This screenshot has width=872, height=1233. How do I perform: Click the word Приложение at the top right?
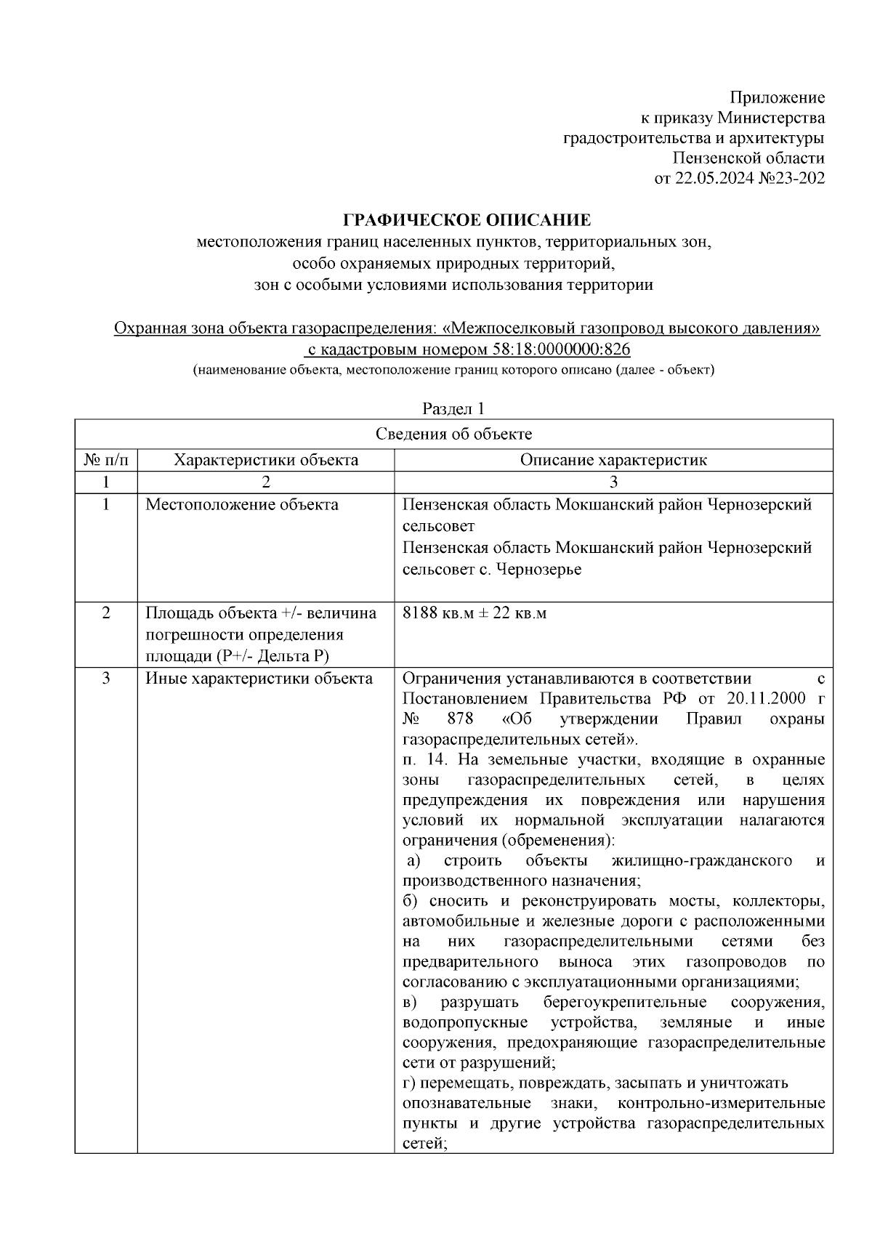[x=777, y=97]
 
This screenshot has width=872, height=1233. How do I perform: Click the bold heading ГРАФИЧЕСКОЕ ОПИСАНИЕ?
[x=467, y=220]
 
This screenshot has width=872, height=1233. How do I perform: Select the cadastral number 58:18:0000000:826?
[x=561, y=349]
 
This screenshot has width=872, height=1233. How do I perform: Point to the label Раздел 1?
[x=453, y=409]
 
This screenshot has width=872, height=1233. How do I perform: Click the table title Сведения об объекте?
[x=453, y=434]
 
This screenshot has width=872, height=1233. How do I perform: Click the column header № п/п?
[x=106, y=460]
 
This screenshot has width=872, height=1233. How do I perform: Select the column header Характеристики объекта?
[x=266, y=460]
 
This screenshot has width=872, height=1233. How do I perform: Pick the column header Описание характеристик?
[x=613, y=460]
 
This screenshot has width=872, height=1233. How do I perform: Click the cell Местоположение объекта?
[x=242, y=504]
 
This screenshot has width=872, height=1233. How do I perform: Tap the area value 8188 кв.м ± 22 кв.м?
[x=474, y=613]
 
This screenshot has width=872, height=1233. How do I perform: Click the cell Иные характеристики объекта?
[x=259, y=679]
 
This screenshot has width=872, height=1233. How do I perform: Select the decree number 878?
[x=461, y=719]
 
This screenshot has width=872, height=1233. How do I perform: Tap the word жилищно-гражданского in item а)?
[x=702, y=861]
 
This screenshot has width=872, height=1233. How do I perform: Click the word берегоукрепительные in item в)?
[x=624, y=1003]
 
